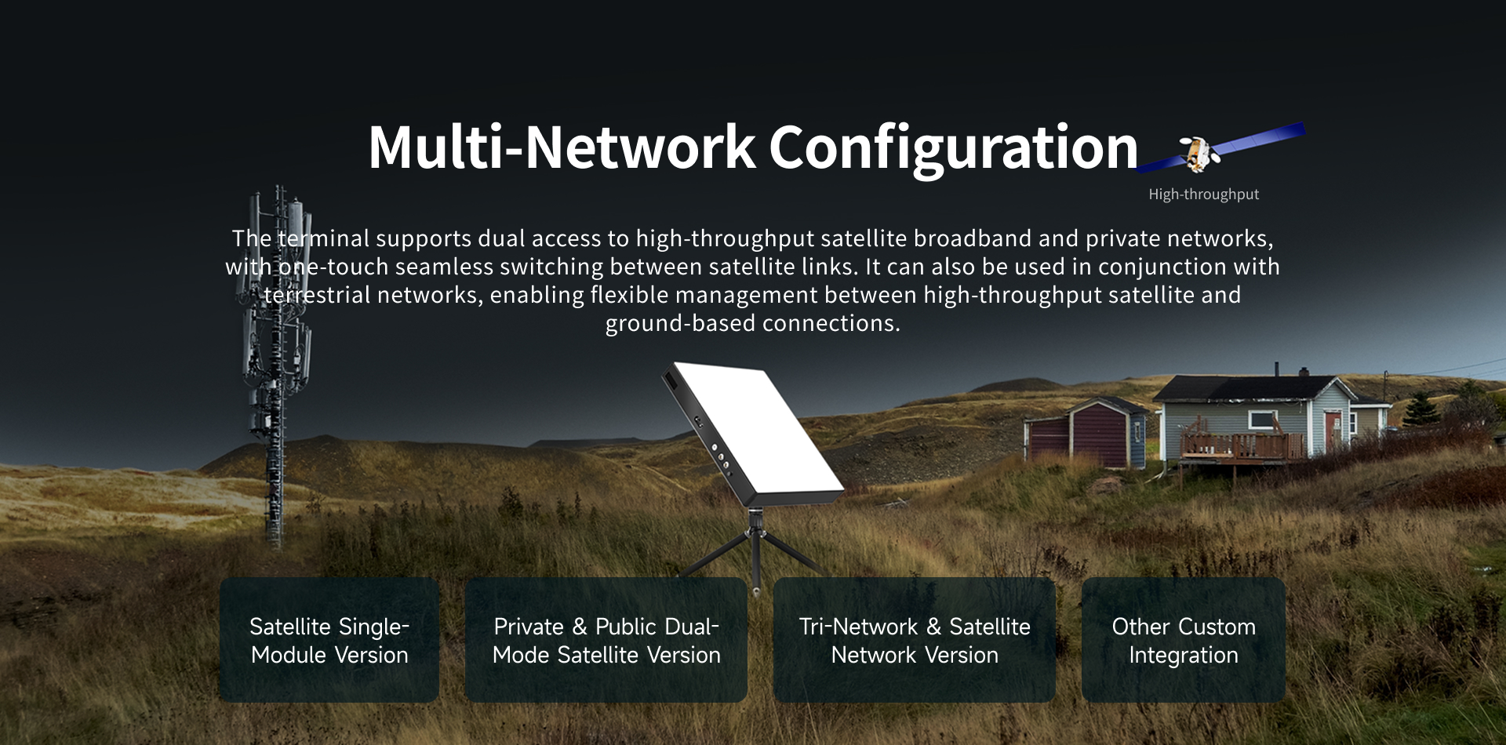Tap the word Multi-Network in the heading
click(x=562, y=147)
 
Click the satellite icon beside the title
click(x=1220, y=148)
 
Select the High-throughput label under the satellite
click(x=1204, y=194)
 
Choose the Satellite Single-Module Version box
click(x=329, y=640)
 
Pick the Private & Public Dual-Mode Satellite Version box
click(x=606, y=640)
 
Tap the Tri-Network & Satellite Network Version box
click(x=915, y=640)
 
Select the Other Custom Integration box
click(x=1184, y=640)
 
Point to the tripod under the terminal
click(x=755, y=549)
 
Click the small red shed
click(x=1082, y=433)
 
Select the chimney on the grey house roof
click(x=1277, y=369)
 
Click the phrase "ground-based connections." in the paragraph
click(x=753, y=323)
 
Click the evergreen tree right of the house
click(x=1421, y=408)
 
